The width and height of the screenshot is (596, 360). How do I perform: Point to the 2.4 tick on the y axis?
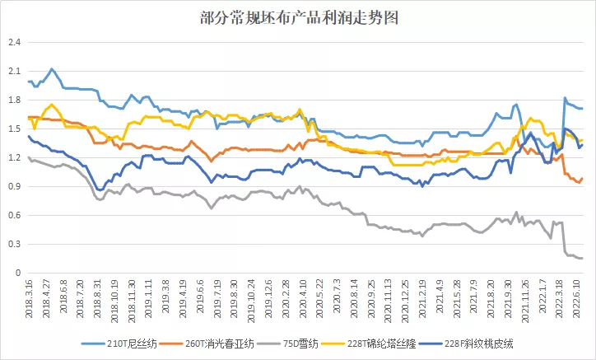pos(14,42)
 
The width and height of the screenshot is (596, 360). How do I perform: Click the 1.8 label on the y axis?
pos(14,100)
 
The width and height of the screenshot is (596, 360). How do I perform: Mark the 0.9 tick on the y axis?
pos(14,186)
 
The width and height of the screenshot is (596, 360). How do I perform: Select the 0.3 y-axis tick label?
pos(14,244)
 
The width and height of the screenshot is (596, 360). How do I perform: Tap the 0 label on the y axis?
pos(18,273)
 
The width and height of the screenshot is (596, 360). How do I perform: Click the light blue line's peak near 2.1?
pos(52,69)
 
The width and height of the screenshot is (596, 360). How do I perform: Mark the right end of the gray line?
pos(582,259)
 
